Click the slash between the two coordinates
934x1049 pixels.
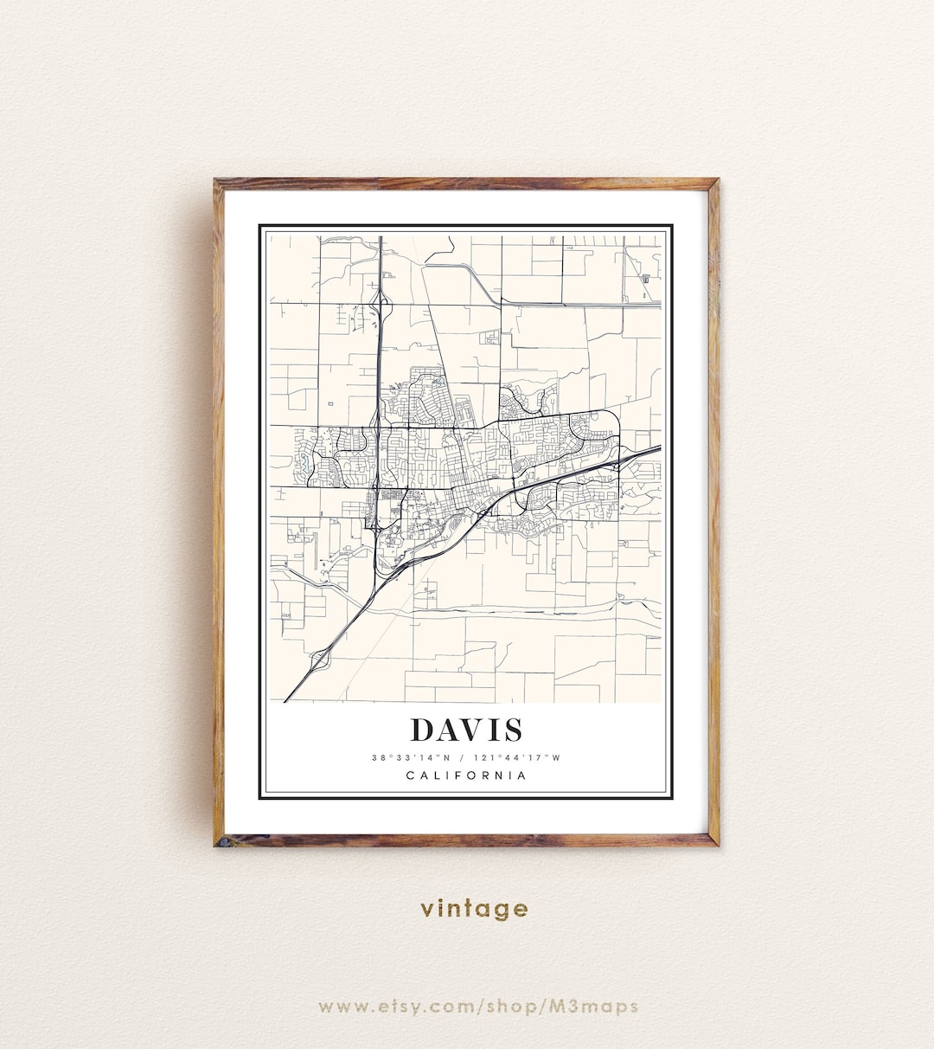(465, 758)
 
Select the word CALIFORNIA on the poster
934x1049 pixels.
(466, 775)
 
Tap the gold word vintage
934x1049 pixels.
(474, 909)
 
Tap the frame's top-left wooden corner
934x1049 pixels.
(220, 183)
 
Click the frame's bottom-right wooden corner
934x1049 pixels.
(713, 840)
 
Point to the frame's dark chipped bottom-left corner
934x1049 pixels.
(221, 840)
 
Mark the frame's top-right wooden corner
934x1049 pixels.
(713, 183)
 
